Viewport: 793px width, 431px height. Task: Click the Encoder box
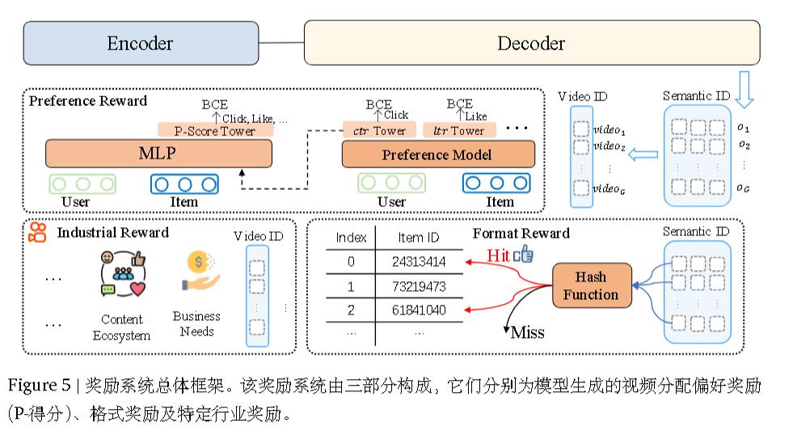tap(140, 43)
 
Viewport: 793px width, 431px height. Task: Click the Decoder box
tap(531, 43)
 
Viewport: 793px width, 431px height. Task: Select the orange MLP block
tap(158, 154)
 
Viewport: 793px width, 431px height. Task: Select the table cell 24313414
tap(419, 262)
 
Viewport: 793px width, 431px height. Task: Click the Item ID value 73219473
tap(419, 287)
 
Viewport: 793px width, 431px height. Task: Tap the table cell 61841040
tap(419, 311)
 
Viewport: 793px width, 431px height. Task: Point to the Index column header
tap(351, 238)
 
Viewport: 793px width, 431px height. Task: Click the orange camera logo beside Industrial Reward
tap(38, 234)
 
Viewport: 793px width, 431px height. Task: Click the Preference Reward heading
tap(88, 101)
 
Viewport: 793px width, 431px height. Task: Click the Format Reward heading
tap(521, 234)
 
